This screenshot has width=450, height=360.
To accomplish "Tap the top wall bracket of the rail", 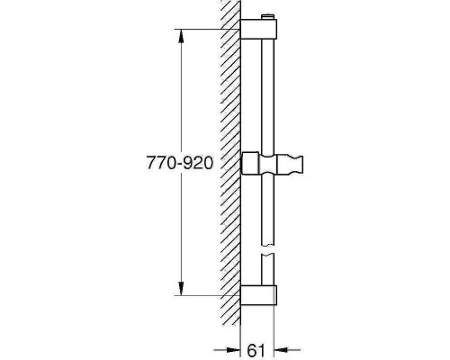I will pos(261,30).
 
